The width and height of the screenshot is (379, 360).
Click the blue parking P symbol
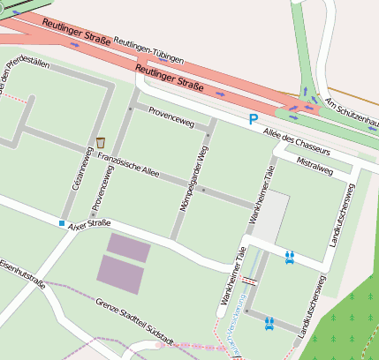pos(254,119)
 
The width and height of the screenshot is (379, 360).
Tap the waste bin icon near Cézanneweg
pos(101,142)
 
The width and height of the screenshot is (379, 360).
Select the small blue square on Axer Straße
pos(62,223)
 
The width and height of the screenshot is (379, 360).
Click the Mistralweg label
pos(315,164)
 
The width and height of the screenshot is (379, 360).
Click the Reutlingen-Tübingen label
pos(149,51)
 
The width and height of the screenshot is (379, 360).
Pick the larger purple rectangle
pos(119,274)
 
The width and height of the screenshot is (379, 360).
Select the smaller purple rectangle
pos(129,247)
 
